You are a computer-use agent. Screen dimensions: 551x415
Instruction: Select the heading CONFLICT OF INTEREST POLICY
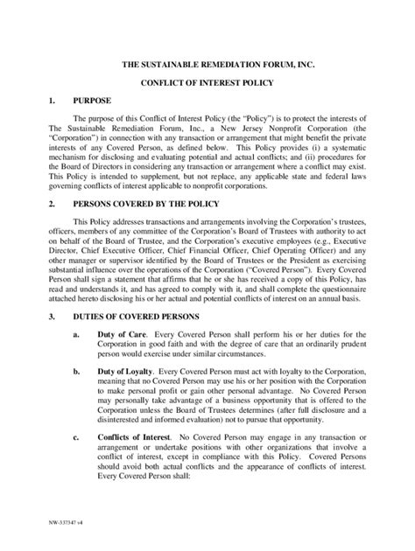(x=208, y=84)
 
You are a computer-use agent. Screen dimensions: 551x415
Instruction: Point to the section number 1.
(x=51, y=101)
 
